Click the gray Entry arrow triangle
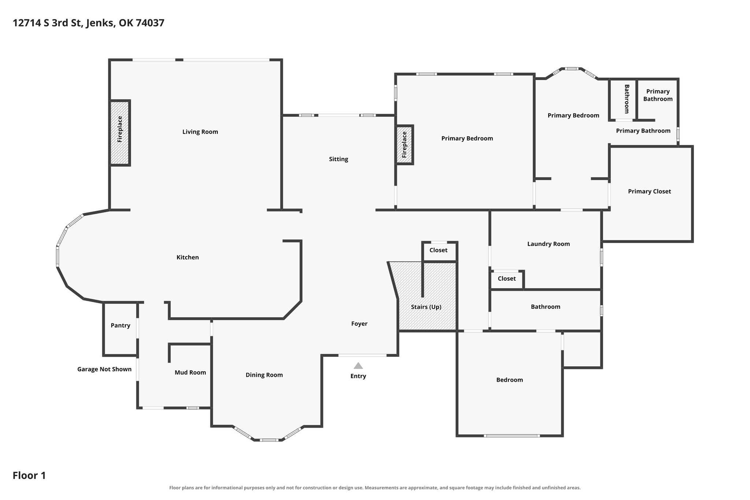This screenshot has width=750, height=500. click(x=358, y=366)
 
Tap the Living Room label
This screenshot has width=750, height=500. click(x=200, y=132)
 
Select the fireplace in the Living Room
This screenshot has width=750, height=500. click(x=120, y=133)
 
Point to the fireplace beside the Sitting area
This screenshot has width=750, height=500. click(x=404, y=145)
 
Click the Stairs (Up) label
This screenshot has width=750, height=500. click(x=426, y=307)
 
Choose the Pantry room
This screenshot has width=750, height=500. click(x=120, y=329)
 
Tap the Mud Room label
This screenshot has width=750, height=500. click(x=190, y=373)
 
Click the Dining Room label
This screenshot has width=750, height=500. click(x=264, y=375)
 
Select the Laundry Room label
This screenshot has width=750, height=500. click(x=549, y=244)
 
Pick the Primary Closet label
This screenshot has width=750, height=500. click(x=649, y=191)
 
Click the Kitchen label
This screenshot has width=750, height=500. click(x=187, y=258)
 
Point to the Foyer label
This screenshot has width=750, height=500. click(x=359, y=324)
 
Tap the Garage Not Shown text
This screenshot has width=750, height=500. click(x=104, y=369)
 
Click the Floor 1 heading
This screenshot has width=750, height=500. click(x=29, y=475)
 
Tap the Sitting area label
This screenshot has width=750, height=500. click(x=338, y=159)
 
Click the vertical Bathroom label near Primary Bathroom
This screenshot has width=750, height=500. click(x=627, y=99)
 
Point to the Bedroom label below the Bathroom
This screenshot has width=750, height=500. click(x=509, y=380)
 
